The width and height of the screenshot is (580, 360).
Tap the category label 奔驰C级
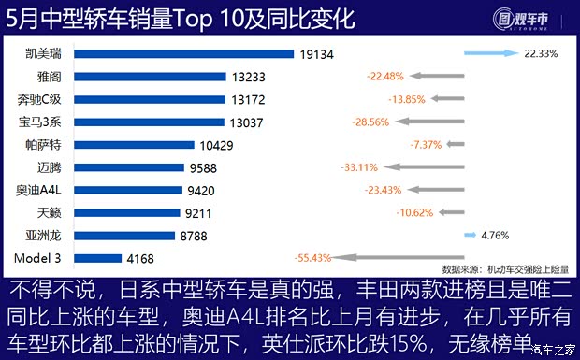(x=38, y=99)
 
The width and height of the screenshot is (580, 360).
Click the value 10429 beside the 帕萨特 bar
(x=217, y=144)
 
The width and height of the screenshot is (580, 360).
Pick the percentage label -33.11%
(x=360, y=167)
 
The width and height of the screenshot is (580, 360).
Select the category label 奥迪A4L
(x=37, y=190)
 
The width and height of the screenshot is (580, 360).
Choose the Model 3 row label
(x=37, y=257)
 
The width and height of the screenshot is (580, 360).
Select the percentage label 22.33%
(x=542, y=54)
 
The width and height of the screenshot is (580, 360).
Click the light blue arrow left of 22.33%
(x=491, y=54)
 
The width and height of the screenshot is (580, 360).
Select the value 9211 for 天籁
(x=199, y=212)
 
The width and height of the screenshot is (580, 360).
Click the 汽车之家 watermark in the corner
(x=552, y=351)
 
